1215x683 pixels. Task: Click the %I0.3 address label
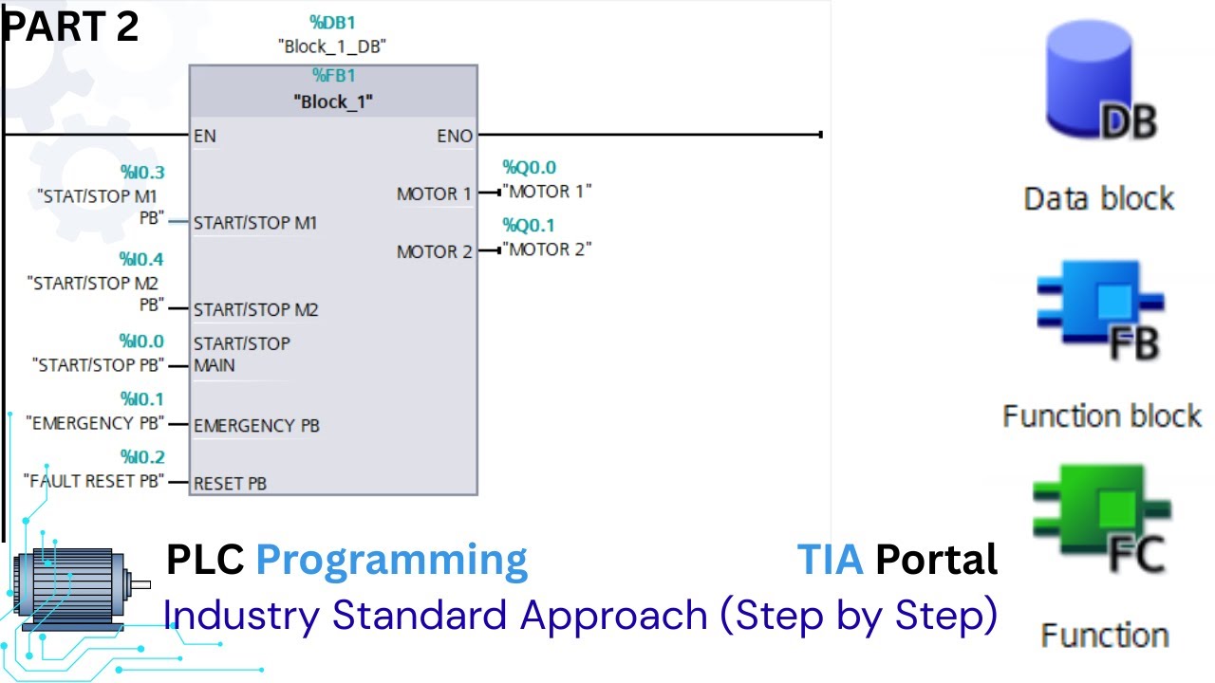(x=141, y=172)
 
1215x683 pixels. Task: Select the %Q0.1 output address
(x=529, y=225)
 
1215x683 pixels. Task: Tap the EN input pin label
(x=204, y=136)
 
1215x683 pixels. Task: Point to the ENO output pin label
(x=454, y=136)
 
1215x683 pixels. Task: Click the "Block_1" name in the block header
(x=332, y=102)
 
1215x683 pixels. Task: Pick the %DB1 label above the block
(x=332, y=22)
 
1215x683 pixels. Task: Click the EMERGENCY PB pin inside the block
(x=256, y=426)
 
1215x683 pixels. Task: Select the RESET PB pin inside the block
(x=230, y=484)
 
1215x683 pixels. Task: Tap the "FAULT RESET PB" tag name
(x=94, y=481)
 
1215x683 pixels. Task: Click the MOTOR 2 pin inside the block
(x=434, y=251)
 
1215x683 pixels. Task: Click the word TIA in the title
(x=830, y=560)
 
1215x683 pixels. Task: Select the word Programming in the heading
(x=391, y=561)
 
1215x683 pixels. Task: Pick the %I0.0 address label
(x=141, y=341)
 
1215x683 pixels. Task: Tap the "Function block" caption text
(x=1101, y=415)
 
